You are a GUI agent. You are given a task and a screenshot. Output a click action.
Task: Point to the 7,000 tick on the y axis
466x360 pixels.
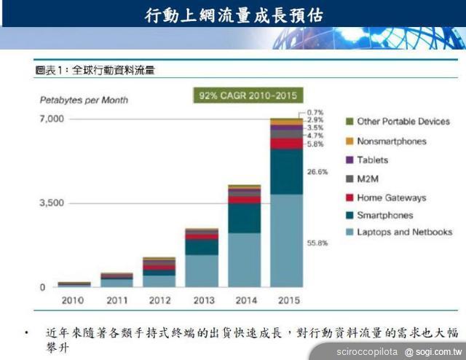pos(31,118)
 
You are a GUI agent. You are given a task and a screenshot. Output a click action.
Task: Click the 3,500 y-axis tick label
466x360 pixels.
pos(31,203)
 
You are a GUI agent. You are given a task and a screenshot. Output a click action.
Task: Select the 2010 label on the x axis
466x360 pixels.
pos(74,300)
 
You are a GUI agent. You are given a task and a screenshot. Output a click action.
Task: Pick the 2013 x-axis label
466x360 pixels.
pos(202,300)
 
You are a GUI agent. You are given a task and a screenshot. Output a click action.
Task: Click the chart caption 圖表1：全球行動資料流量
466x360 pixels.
pos(95,71)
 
